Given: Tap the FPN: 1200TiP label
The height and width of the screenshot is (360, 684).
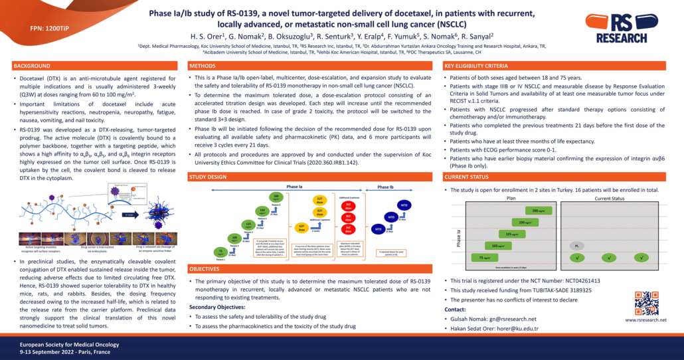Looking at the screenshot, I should [x=50, y=29].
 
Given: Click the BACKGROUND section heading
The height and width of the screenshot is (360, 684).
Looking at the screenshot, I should [x=33, y=66].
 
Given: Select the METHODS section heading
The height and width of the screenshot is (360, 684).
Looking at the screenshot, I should [x=202, y=66].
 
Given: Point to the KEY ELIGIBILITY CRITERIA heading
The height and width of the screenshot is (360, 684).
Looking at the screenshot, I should [x=476, y=66].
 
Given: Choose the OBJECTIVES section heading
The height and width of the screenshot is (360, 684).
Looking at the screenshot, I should [x=206, y=269].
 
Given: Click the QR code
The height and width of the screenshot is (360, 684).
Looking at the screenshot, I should [x=646, y=303].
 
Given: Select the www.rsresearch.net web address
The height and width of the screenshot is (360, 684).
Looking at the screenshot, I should [x=645, y=320].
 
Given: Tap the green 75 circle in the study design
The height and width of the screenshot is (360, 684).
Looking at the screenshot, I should [x=221, y=251].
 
